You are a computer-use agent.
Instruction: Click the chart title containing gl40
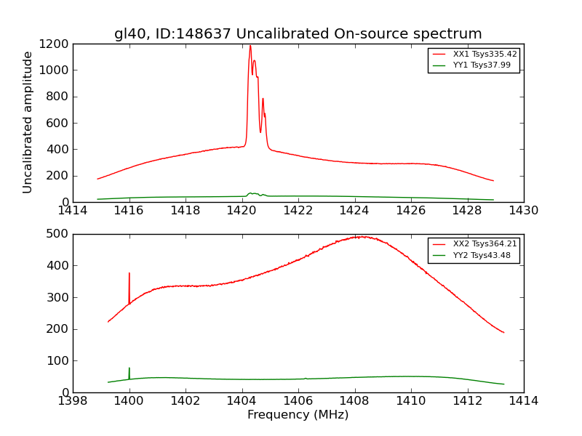coord(298,33)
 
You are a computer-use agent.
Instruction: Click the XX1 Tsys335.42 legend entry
coord(485,54)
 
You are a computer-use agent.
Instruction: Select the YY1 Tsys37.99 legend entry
coord(482,65)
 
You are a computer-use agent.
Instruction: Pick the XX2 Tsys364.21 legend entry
coord(485,244)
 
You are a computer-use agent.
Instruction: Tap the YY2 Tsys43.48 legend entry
coord(482,255)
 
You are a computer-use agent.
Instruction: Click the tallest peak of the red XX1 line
coord(250,46)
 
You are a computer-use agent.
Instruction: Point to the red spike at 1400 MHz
coord(129,274)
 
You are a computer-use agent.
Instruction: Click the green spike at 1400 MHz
coord(129,369)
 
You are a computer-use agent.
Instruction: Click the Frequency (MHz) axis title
coord(298,415)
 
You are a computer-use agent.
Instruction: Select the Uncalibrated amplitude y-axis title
coord(28,122)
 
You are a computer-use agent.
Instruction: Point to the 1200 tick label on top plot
coord(55,44)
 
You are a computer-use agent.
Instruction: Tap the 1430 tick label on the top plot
coord(523,211)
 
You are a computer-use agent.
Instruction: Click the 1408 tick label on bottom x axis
coord(354,401)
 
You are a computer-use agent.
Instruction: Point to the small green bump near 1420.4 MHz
coord(251,193)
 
